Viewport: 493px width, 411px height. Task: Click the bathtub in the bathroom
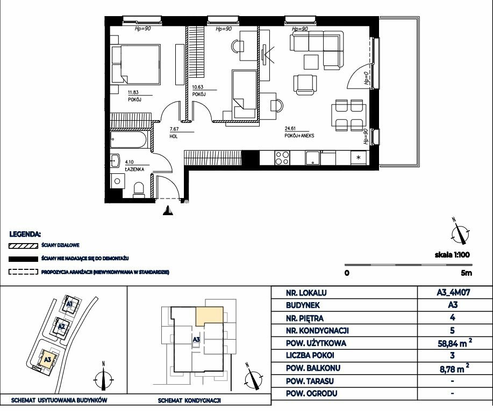click(x=128, y=140)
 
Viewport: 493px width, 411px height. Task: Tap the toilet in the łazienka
click(x=139, y=190)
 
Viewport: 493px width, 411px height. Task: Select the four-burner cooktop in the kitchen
click(x=282, y=158)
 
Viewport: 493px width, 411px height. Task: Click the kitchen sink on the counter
click(x=312, y=158)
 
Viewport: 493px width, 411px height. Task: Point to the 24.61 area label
click(x=290, y=128)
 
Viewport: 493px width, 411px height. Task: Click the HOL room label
click(x=174, y=136)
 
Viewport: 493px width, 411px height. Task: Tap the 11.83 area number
click(x=133, y=92)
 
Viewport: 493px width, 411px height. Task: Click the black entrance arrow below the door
click(x=168, y=210)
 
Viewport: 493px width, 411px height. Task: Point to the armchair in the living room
click(x=305, y=84)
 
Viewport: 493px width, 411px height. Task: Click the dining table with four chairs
click(x=349, y=115)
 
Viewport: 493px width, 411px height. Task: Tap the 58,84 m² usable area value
click(x=455, y=343)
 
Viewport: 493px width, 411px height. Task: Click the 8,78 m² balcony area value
click(x=455, y=369)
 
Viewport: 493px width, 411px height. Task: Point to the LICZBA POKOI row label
click(x=310, y=356)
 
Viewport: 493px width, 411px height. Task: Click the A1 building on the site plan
click(x=69, y=304)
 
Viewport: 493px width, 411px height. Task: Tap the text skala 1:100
click(x=452, y=254)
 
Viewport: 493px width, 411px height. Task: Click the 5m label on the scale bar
click(x=466, y=273)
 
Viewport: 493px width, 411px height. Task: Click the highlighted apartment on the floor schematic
click(x=209, y=316)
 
